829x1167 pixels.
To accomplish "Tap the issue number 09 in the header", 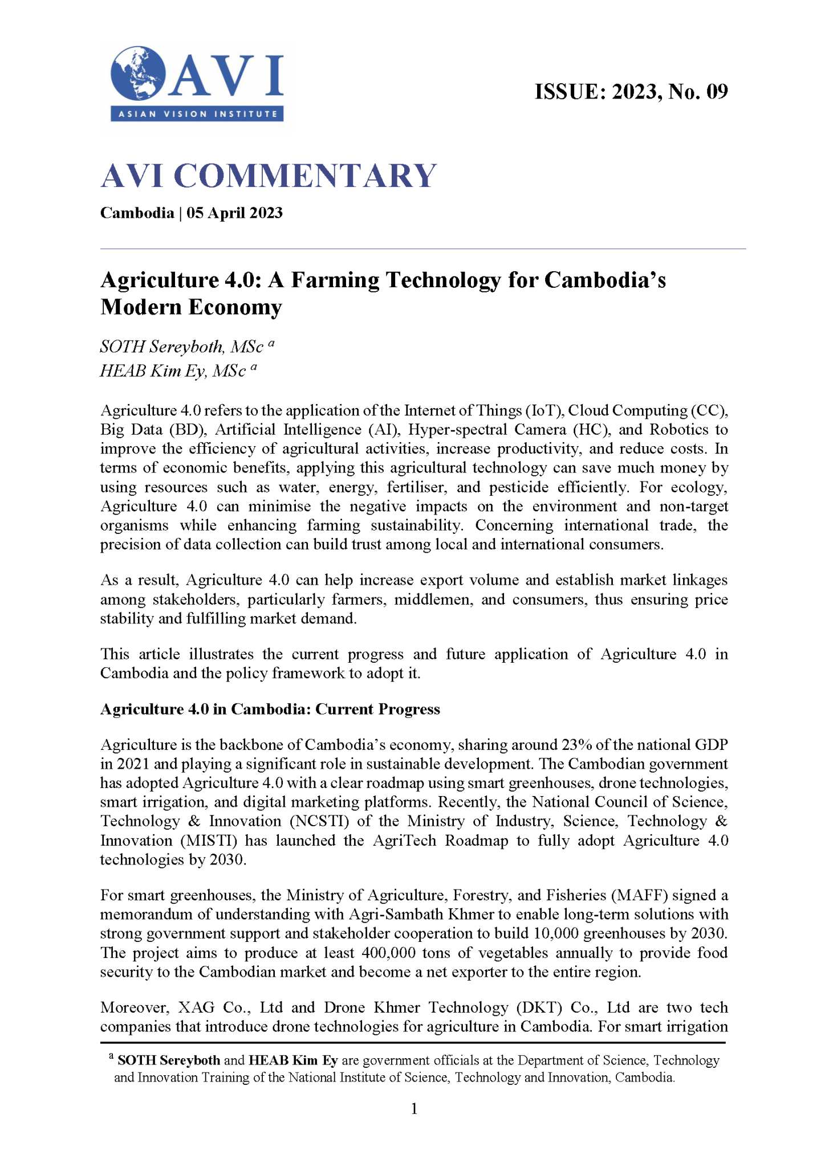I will click(x=717, y=92).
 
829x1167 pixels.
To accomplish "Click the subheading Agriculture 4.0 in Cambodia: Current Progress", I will click(x=270, y=709).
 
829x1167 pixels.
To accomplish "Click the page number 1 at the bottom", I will click(x=415, y=1108).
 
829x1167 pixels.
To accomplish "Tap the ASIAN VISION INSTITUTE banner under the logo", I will click(x=197, y=114).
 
